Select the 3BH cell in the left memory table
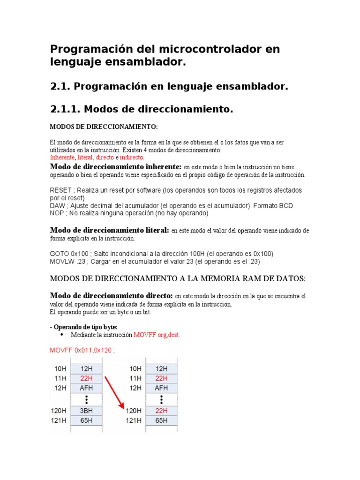pyautogui.click(x=86, y=410)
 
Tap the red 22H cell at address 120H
pyautogui.click(x=161, y=410)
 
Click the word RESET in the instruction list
pyautogui.click(x=60, y=190)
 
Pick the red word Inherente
pyautogui.click(x=62, y=157)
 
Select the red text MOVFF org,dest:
pyautogui.click(x=157, y=335)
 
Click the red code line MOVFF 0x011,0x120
pyautogui.click(x=82, y=350)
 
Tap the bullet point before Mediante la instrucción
pyautogui.click(x=62, y=335)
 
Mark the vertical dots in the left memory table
pyautogui.click(x=86, y=399)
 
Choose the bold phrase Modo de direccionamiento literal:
pyautogui.click(x=109, y=230)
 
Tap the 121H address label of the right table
pyautogui.click(x=134, y=420)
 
